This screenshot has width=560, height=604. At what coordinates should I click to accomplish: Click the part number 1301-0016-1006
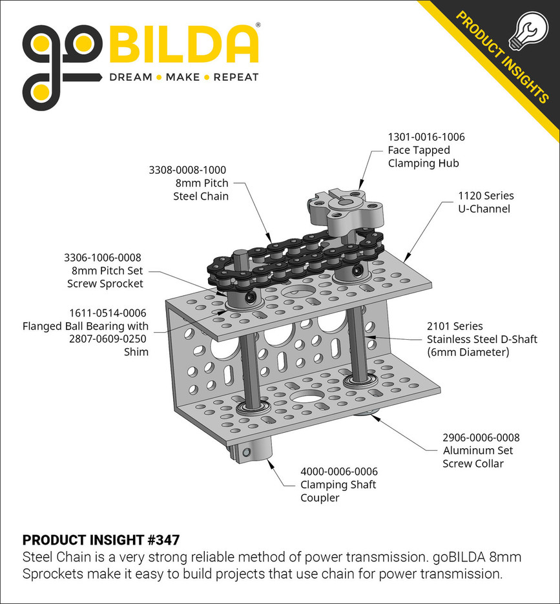pyautogui.click(x=426, y=137)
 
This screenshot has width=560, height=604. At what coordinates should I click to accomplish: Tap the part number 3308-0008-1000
pyautogui.click(x=188, y=170)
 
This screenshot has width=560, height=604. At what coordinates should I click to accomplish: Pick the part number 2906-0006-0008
pyautogui.click(x=481, y=437)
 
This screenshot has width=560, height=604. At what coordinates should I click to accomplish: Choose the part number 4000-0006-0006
pyautogui.click(x=338, y=472)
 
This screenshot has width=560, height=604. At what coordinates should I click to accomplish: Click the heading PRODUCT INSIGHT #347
pyautogui.click(x=101, y=539)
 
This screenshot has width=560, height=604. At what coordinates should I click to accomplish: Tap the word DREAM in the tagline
pyautogui.click(x=130, y=77)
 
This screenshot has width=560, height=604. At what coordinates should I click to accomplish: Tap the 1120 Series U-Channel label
pyautogui.click(x=486, y=202)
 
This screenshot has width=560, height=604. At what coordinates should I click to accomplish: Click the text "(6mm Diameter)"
pyautogui.click(x=468, y=352)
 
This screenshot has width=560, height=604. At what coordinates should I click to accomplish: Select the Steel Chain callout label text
pyautogui.click(x=200, y=196)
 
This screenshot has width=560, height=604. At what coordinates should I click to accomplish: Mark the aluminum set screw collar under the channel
pyautogui.click(x=369, y=413)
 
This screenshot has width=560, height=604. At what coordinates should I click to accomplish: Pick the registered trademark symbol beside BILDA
pyautogui.click(x=258, y=25)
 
